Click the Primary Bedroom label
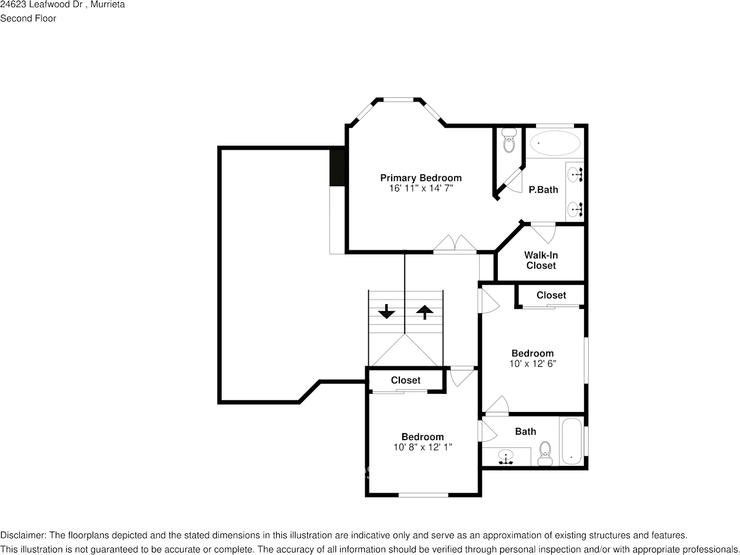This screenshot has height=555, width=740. pyautogui.click(x=420, y=178)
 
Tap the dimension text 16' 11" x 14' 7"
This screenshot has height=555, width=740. pyautogui.click(x=420, y=189)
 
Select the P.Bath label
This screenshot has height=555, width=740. pyautogui.click(x=543, y=190)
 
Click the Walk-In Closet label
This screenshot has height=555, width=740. pyautogui.click(x=541, y=260)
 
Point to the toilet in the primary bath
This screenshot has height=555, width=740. pyautogui.click(x=508, y=141)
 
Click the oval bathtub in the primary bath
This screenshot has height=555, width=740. pyautogui.click(x=555, y=143)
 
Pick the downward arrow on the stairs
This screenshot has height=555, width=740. pyautogui.click(x=386, y=311)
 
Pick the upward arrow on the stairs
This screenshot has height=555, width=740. pyautogui.click(x=424, y=311)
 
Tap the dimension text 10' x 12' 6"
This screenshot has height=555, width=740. pyautogui.click(x=532, y=363)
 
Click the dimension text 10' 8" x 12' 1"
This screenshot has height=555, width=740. pyautogui.click(x=422, y=447)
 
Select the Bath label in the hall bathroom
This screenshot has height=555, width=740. pyautogui.click(x=525, y=431)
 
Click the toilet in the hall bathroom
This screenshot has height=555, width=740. pyautogui.click(x=545, y=452)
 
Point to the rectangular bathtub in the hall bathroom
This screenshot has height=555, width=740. pyautogui.click(x=571, y=441)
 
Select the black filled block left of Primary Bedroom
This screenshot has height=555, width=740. pyautogui.click(x=337, y=168)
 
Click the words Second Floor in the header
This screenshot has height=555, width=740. pyautogui.click(x=28, y=18)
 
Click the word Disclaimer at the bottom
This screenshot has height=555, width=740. pyautogui.click(x=23, y=535)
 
